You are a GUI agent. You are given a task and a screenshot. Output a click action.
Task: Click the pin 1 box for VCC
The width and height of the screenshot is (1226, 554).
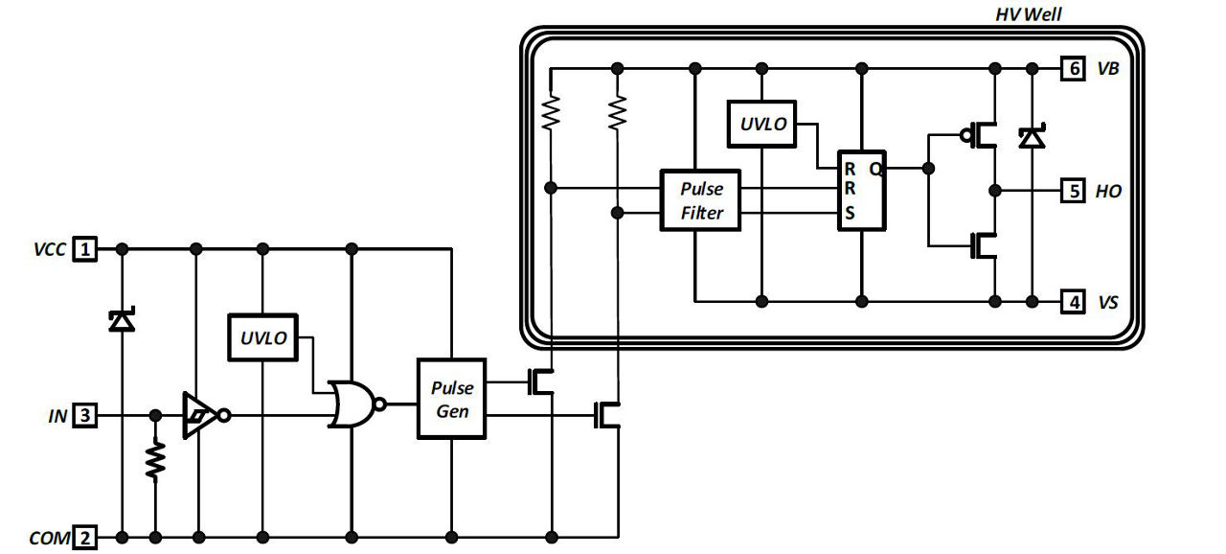point(86,249)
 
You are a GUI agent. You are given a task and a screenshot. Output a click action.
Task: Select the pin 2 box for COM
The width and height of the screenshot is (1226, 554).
point(86,538)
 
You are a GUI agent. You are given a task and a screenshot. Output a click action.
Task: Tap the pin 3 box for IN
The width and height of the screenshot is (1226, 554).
point(86,416)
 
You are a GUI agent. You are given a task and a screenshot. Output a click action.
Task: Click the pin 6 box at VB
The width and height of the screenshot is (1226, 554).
point(1073,69)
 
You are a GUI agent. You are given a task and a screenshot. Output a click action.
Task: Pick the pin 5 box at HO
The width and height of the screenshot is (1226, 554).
point(1073,191)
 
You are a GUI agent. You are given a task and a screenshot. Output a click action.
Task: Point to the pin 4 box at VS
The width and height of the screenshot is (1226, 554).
point(1073,302)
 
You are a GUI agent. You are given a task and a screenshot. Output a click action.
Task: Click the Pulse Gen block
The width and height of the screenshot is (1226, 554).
point(451,399)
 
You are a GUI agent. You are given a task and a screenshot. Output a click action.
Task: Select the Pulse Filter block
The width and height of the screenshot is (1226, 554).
point(701,200)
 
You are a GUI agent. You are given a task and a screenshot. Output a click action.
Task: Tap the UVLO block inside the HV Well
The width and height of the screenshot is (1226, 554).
point(761,124)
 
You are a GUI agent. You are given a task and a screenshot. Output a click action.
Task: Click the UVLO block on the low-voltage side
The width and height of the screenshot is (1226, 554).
point(261,337)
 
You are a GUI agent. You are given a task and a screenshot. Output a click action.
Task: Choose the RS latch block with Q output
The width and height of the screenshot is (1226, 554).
point(861,190)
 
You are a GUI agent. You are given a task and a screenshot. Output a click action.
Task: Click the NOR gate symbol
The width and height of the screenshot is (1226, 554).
point(352,404)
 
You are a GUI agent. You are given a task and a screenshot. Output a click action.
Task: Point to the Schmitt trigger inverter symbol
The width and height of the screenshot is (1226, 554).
point(199,416)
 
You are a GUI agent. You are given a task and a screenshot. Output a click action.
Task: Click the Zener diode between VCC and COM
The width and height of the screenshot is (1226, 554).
point(122,321)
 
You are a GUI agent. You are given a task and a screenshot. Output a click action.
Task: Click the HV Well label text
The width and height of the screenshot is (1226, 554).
point(1029,14)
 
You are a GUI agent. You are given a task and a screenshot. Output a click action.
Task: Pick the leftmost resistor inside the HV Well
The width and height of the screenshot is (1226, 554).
point(550,112)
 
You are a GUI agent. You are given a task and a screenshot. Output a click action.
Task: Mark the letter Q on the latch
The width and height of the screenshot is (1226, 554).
point(875,169)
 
